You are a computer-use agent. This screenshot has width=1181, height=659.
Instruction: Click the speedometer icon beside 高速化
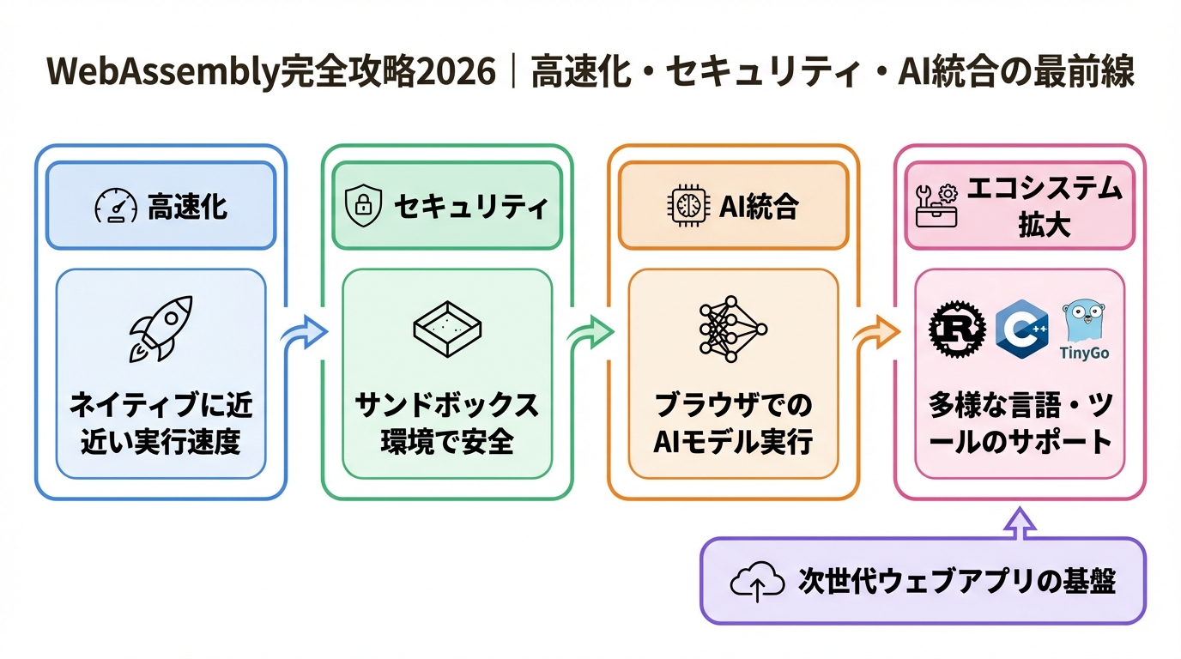115,207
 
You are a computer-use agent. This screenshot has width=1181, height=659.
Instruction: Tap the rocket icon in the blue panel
160,329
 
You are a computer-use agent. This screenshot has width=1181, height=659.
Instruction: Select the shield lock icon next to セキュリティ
363,207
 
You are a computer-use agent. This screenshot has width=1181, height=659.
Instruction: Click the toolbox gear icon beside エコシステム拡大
935,206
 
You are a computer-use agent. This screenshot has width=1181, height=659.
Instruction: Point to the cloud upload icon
757,583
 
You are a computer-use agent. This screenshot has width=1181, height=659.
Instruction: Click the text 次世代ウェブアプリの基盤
956,583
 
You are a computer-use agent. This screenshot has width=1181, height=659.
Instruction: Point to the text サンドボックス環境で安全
447,423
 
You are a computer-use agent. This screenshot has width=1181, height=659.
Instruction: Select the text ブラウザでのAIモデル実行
733,423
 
